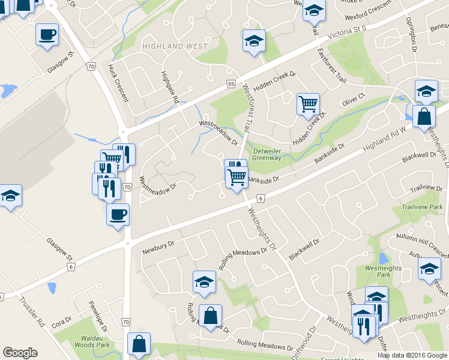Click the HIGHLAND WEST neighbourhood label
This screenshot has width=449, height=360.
[175, 46]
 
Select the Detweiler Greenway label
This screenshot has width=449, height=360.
[267, 154]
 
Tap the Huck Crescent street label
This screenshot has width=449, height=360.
[118, 83]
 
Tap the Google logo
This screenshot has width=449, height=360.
[20, 353]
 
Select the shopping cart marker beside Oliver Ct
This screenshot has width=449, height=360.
[308, 104]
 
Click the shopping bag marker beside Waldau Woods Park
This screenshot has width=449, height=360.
[139, 344]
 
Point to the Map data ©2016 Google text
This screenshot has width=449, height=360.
[412, 355]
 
